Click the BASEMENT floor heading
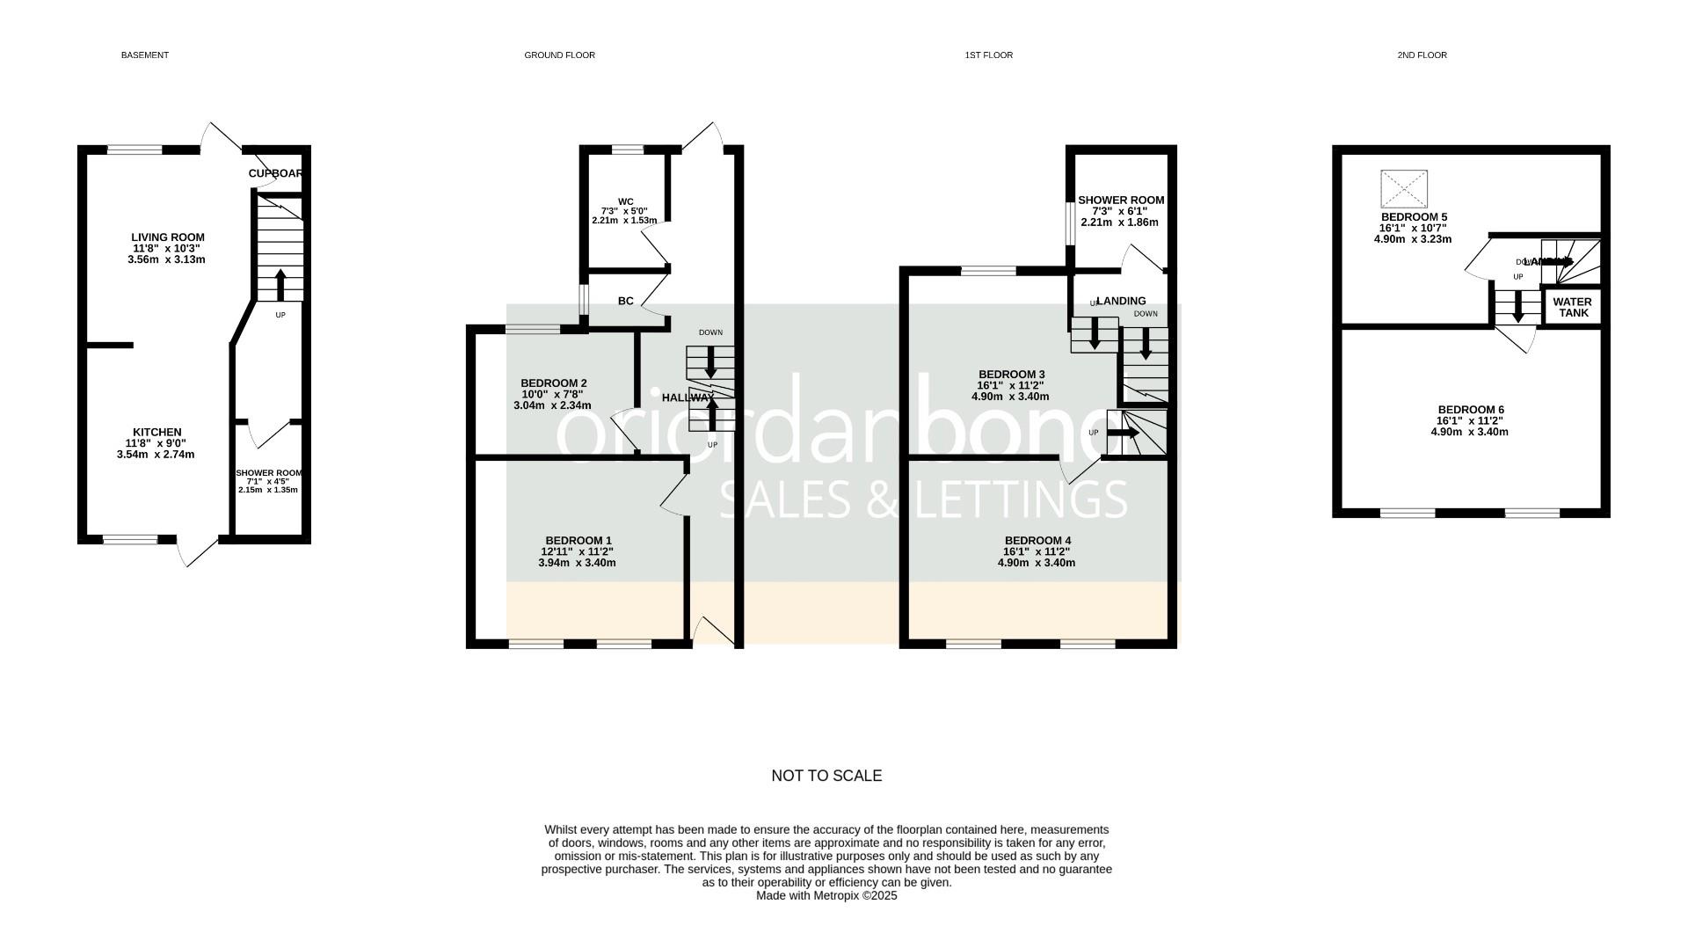(x=145, y=55)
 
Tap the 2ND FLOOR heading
(x=1422, y=55)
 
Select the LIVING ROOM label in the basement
(x=168, y=237)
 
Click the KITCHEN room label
(x=157, y=433)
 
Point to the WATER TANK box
(x=1572, y=307)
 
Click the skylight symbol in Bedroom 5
(x=1404, y=189)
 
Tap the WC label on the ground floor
(x=625, y=202)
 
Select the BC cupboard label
(x=625, y=302)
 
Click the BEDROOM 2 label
(x=554, y=383)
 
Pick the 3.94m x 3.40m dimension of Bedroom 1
(x=577, y=563)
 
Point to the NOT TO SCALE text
(x=826, y=776)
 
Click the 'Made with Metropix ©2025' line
(x=826, y=896)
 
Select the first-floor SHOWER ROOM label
(x=1121, y=201)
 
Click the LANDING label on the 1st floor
(x=1121, y=301)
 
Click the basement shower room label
(x=268, y=473)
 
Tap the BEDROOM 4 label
(x=1037, y=541)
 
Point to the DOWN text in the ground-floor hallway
(x=710, y=332)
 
